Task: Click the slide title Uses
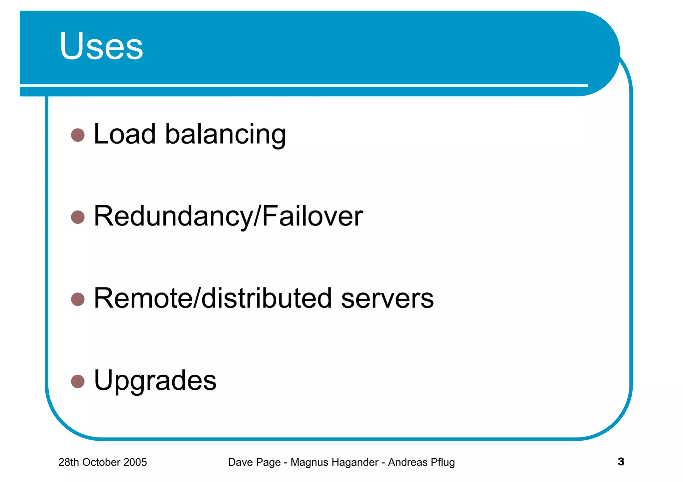101,46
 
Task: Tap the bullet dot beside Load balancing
78,135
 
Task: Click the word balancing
225,135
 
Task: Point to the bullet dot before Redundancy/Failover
78,217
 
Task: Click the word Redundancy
173,217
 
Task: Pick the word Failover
312,216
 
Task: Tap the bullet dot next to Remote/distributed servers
78,299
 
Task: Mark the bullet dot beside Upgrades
78,381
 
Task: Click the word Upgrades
155,381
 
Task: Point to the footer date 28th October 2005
102,462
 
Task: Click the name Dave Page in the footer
254,462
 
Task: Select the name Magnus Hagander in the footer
334,462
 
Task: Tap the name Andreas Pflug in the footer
421,462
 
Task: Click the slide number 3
621,462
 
